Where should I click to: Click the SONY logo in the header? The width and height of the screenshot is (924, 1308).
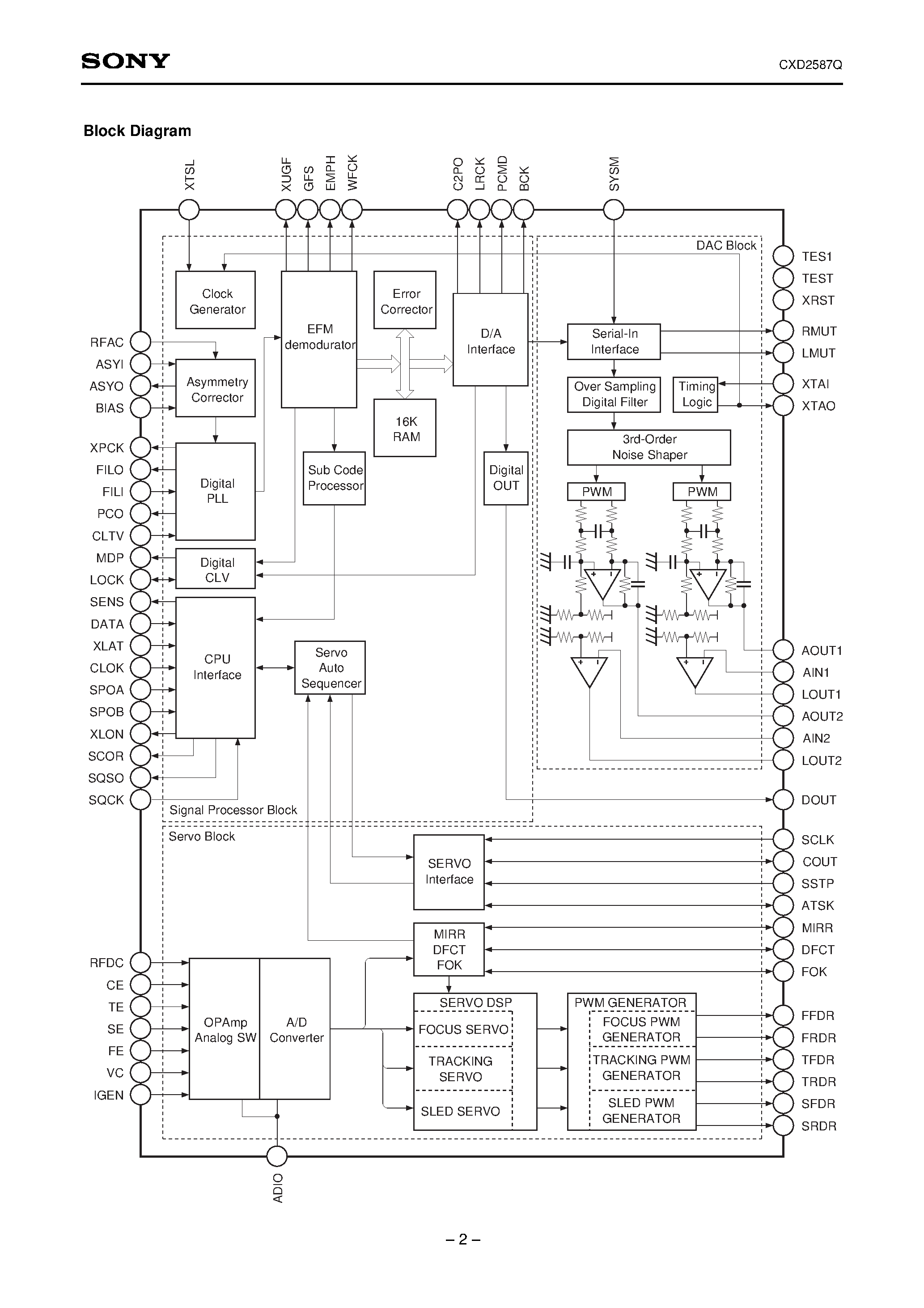(125, 61)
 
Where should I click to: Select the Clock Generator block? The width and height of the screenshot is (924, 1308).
(215, 300)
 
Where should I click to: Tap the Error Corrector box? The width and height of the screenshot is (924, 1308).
(405, 300)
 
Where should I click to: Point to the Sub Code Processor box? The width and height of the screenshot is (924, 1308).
(334, 478)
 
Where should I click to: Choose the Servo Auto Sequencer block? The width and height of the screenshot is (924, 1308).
(330, 668)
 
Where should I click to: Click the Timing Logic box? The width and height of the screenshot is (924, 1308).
(695, 394)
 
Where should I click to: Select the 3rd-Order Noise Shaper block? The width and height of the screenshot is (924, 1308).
(649, 447)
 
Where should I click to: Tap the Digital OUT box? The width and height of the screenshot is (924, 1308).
(506, 478)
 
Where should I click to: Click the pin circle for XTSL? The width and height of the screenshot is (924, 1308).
(189, 210)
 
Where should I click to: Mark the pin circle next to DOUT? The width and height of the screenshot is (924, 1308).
(783, 800)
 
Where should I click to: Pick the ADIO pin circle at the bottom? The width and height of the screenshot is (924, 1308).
(277, 1156)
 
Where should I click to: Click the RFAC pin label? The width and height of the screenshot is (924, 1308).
(106, 342)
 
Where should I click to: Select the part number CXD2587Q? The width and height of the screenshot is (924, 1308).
(810, 65)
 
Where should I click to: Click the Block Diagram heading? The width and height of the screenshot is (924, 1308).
(137, 131)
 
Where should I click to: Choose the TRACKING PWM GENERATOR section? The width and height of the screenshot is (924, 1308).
(641, 1068)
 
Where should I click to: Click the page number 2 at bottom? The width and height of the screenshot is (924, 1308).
(462, 1240)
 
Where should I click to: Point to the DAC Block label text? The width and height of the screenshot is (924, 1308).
(726, 246)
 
